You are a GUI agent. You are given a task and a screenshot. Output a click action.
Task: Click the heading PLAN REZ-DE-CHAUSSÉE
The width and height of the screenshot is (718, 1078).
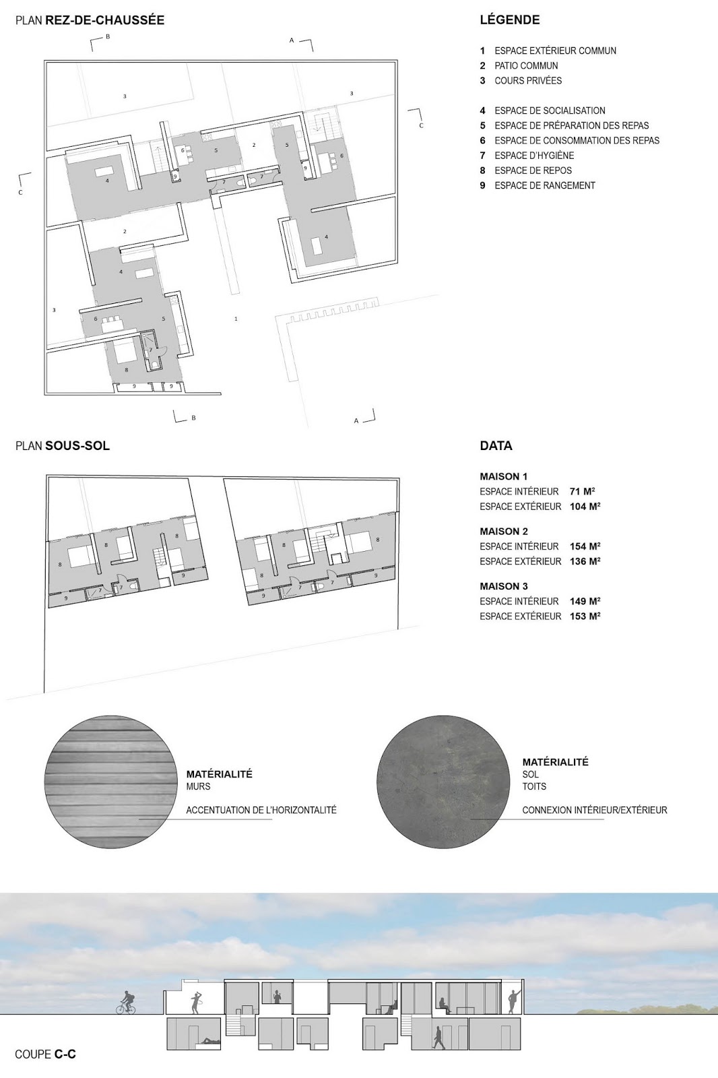tap(90, 20)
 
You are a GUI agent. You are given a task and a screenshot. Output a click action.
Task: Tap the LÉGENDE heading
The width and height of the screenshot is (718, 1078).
tap(510, 20)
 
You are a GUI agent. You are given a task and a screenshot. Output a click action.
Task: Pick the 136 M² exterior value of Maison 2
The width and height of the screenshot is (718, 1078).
tap(585, 561)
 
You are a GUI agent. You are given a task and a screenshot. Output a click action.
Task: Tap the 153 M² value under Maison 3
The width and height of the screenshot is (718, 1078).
tap(585, 616)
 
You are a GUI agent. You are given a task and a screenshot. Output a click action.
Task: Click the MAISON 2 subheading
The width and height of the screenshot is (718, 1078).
tap(503, 532)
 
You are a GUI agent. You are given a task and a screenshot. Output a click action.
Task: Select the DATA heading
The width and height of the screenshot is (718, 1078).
tap(496, 445)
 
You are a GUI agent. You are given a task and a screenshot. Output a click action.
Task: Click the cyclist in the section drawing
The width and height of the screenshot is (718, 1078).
tap(126, 1003)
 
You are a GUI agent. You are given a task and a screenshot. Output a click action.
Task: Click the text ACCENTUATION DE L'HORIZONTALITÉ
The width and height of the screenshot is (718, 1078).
tap(261, 810)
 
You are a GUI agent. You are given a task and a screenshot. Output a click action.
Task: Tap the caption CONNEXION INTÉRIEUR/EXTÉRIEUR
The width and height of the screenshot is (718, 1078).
tap(595, 810)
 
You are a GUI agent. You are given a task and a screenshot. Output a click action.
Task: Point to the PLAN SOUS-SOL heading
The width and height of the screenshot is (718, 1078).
tap(63, 445)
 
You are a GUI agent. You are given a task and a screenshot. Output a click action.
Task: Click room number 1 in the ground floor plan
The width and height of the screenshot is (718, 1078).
tap(236, 319)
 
